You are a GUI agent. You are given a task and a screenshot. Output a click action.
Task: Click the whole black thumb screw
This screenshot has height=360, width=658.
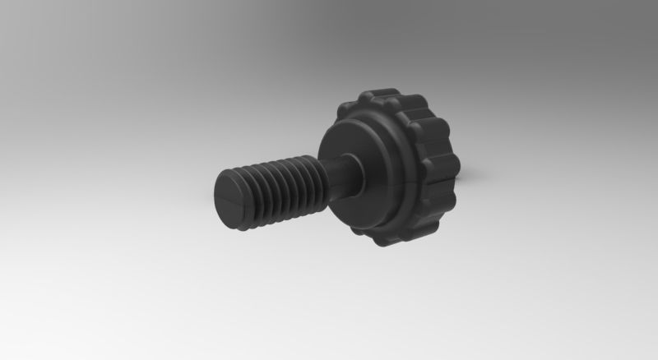[x=345, y=173]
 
